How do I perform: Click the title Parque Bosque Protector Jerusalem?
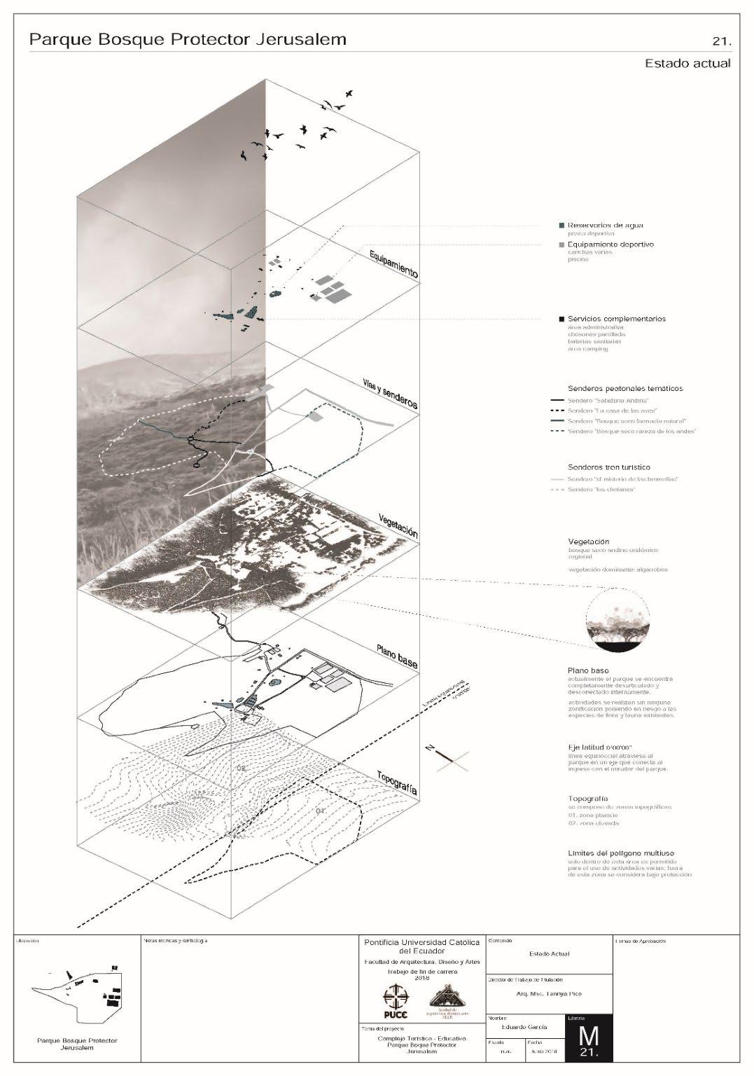pyautogui.click(x=188, y=40)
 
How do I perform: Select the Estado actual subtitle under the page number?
pyautogui.click(x=687, y=64)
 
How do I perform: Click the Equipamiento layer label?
pyautogui.click(x=393, y=263)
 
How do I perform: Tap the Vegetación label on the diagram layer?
pyautogui.click(x=393, y=522)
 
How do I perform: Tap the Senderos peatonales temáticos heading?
pyautogui.click(x=625, y=388)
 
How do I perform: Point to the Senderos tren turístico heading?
pyautogui.click(x=609, y=467)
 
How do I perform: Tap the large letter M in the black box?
pyautogui.click(x=589, y=1034)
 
